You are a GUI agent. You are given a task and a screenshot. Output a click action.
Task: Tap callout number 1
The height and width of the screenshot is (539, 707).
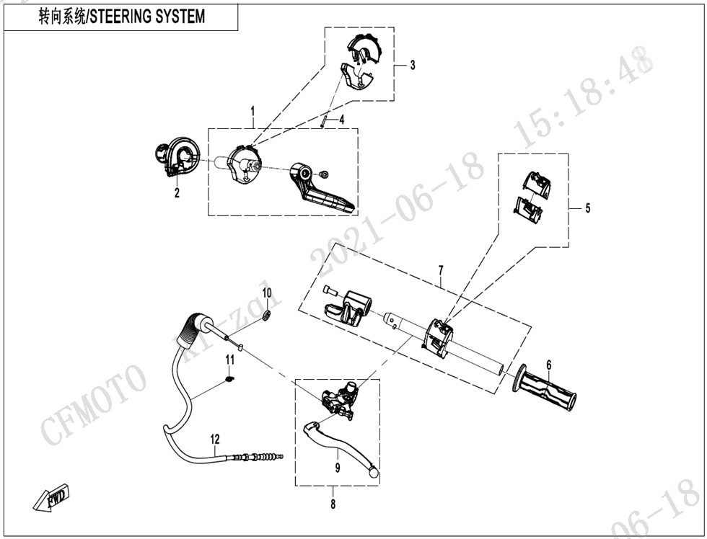(x=252, y=111)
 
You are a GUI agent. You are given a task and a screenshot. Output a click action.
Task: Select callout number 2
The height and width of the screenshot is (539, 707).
(x=177, y=192)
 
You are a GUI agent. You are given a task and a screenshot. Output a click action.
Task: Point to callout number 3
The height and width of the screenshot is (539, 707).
(x=413, y=66)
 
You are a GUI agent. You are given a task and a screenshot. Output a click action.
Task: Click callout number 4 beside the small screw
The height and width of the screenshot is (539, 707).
(x=342, y=119)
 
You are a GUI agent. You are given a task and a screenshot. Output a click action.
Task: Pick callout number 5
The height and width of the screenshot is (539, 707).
(x=587, y=208)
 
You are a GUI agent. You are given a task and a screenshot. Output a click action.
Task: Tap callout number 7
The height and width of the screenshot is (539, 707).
(x=441, y=270)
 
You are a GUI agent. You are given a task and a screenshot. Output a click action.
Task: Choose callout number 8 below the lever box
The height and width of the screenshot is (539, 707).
(x=333, y=504)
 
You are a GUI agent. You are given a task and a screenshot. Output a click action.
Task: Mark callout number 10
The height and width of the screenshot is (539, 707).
(x=266, y=293)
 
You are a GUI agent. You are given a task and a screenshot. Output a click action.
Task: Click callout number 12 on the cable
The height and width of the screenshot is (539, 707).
(x=214, y=438)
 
